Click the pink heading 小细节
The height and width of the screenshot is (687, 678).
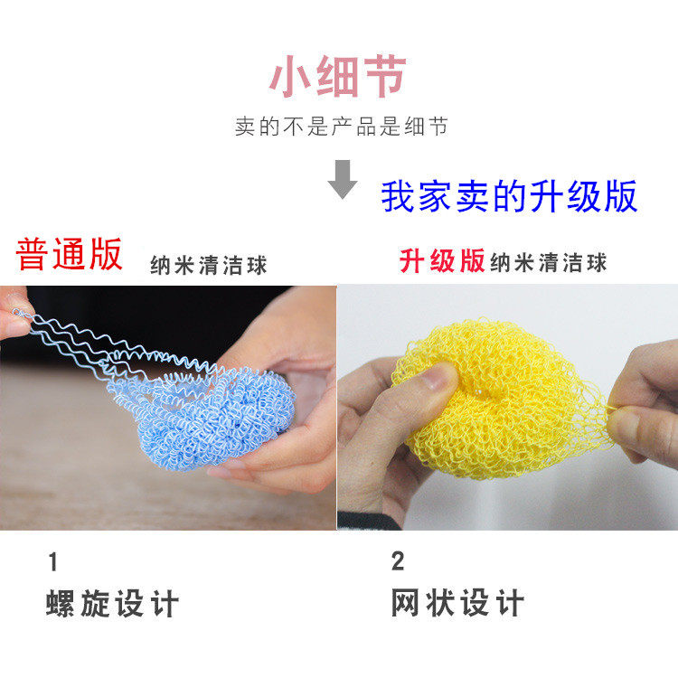tap(337, 76)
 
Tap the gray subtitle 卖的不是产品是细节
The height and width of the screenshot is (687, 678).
tap(342, 127)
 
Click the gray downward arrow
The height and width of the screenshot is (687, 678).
tap(343, 179)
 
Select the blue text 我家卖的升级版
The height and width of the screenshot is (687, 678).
tap(509, 197)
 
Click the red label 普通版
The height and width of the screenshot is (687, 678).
tap(69, 254)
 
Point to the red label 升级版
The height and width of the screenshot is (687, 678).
tap(442, 261)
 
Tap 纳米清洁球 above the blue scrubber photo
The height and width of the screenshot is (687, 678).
tap(209, 266)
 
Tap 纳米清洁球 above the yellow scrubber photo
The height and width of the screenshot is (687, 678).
tap(548, 262)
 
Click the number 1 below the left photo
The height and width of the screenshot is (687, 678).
tap(53, 562)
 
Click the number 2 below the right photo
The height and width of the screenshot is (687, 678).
tap(398, 561)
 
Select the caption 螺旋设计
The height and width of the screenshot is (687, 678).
tap(113, 604)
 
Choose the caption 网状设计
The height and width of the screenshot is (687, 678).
tap(457, 603)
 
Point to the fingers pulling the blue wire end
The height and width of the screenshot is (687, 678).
tap(14, 315)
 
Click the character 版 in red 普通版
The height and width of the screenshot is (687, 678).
tap(106, 254)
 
